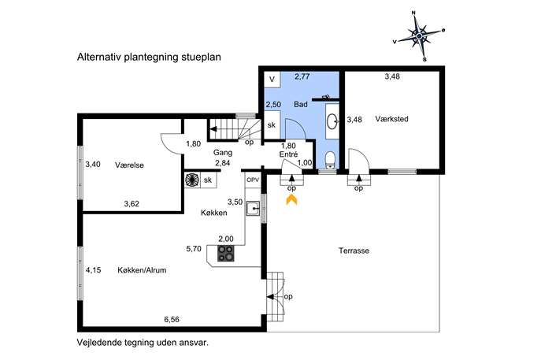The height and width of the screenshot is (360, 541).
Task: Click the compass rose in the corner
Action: pos(419,36)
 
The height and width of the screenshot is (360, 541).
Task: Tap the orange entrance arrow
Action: pos(291,199)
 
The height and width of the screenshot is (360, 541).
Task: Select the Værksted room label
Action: pos(391,119)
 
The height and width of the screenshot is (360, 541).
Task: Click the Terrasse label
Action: pos(354,251)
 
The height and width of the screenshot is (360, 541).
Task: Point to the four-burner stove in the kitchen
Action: pos(226,253)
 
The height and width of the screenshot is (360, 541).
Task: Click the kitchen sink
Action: pos(253,209)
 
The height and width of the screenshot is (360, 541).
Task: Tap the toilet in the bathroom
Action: pos(331,161)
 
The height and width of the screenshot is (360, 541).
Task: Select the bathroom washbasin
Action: pos(332,121)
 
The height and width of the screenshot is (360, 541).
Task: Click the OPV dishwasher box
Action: pos(253,180)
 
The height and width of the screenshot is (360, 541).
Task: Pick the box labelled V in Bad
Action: pos(272,80)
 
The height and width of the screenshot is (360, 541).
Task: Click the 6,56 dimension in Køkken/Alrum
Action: pos(172,320)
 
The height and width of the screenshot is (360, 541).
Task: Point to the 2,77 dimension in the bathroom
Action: pos(302,76)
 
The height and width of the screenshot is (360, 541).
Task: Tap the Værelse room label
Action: pos(129,165)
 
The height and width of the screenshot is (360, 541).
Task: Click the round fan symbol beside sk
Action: pos(192,180)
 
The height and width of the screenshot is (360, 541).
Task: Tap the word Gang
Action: pos(223,153)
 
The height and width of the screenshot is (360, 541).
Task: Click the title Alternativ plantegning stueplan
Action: pos(149,57)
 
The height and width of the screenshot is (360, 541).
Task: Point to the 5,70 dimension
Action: pos(194,248)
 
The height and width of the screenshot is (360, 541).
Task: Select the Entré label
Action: pos(288,154)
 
